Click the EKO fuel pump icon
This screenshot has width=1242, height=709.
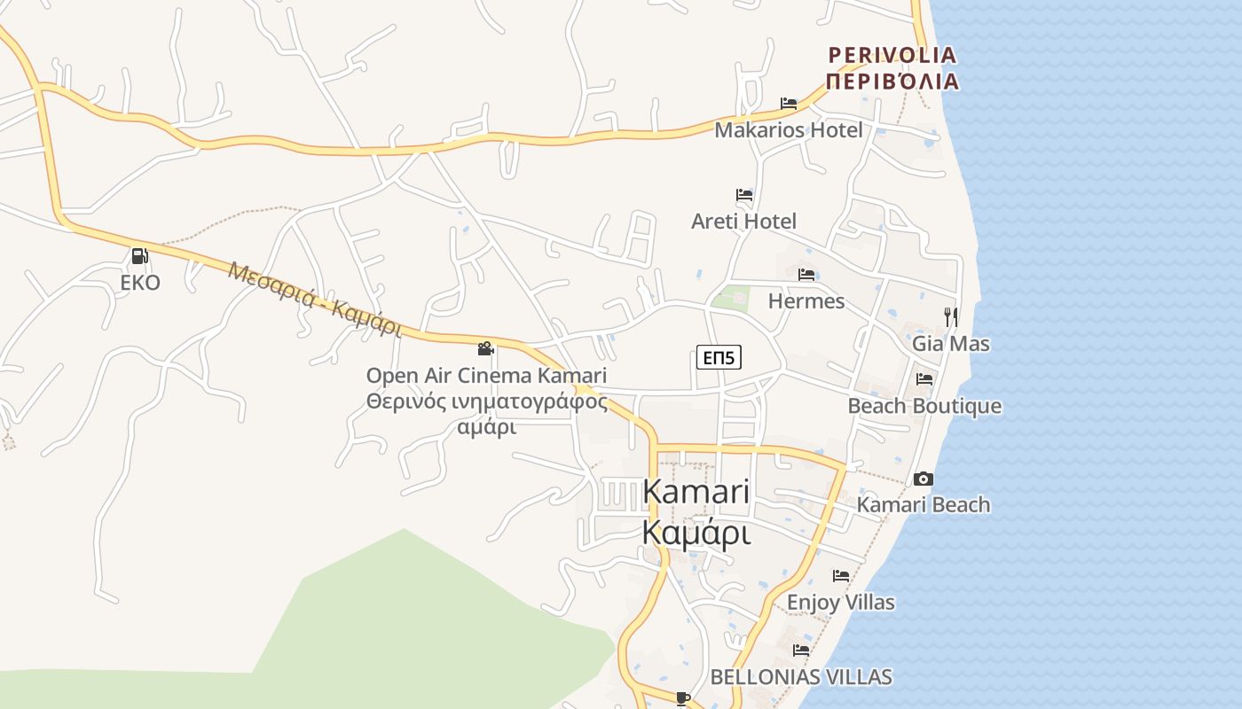pos(139,256)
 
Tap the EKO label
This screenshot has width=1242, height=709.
pos(140,283)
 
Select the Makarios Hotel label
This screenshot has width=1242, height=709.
pos(788,130)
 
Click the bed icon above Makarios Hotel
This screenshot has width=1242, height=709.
pos(789,104)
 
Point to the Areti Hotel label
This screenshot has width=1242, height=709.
pos(743,221)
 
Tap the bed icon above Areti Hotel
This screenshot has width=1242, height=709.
pos(744,195)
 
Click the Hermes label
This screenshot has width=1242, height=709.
pos(806,301)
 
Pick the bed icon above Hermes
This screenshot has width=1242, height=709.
pos(806,275)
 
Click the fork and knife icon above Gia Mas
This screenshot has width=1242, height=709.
pos(951,316)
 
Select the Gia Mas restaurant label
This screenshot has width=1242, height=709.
pos(951,343)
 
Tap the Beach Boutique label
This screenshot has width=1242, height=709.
pos(924,406)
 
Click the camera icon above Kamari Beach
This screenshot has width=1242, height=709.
pos(924,479)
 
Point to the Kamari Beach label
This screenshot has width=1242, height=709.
pos(923,505)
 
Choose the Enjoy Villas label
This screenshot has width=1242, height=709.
pos(840,603)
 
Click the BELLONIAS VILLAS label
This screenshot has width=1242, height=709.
pos(800,677)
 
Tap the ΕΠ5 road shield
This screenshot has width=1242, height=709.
pos(719,357)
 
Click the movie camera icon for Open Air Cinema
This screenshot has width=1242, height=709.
pos(485,349)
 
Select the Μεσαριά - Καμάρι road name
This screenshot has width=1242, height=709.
pos(315,299)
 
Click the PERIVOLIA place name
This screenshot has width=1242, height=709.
pos(892,56)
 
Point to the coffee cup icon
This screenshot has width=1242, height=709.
pos(682,698)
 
